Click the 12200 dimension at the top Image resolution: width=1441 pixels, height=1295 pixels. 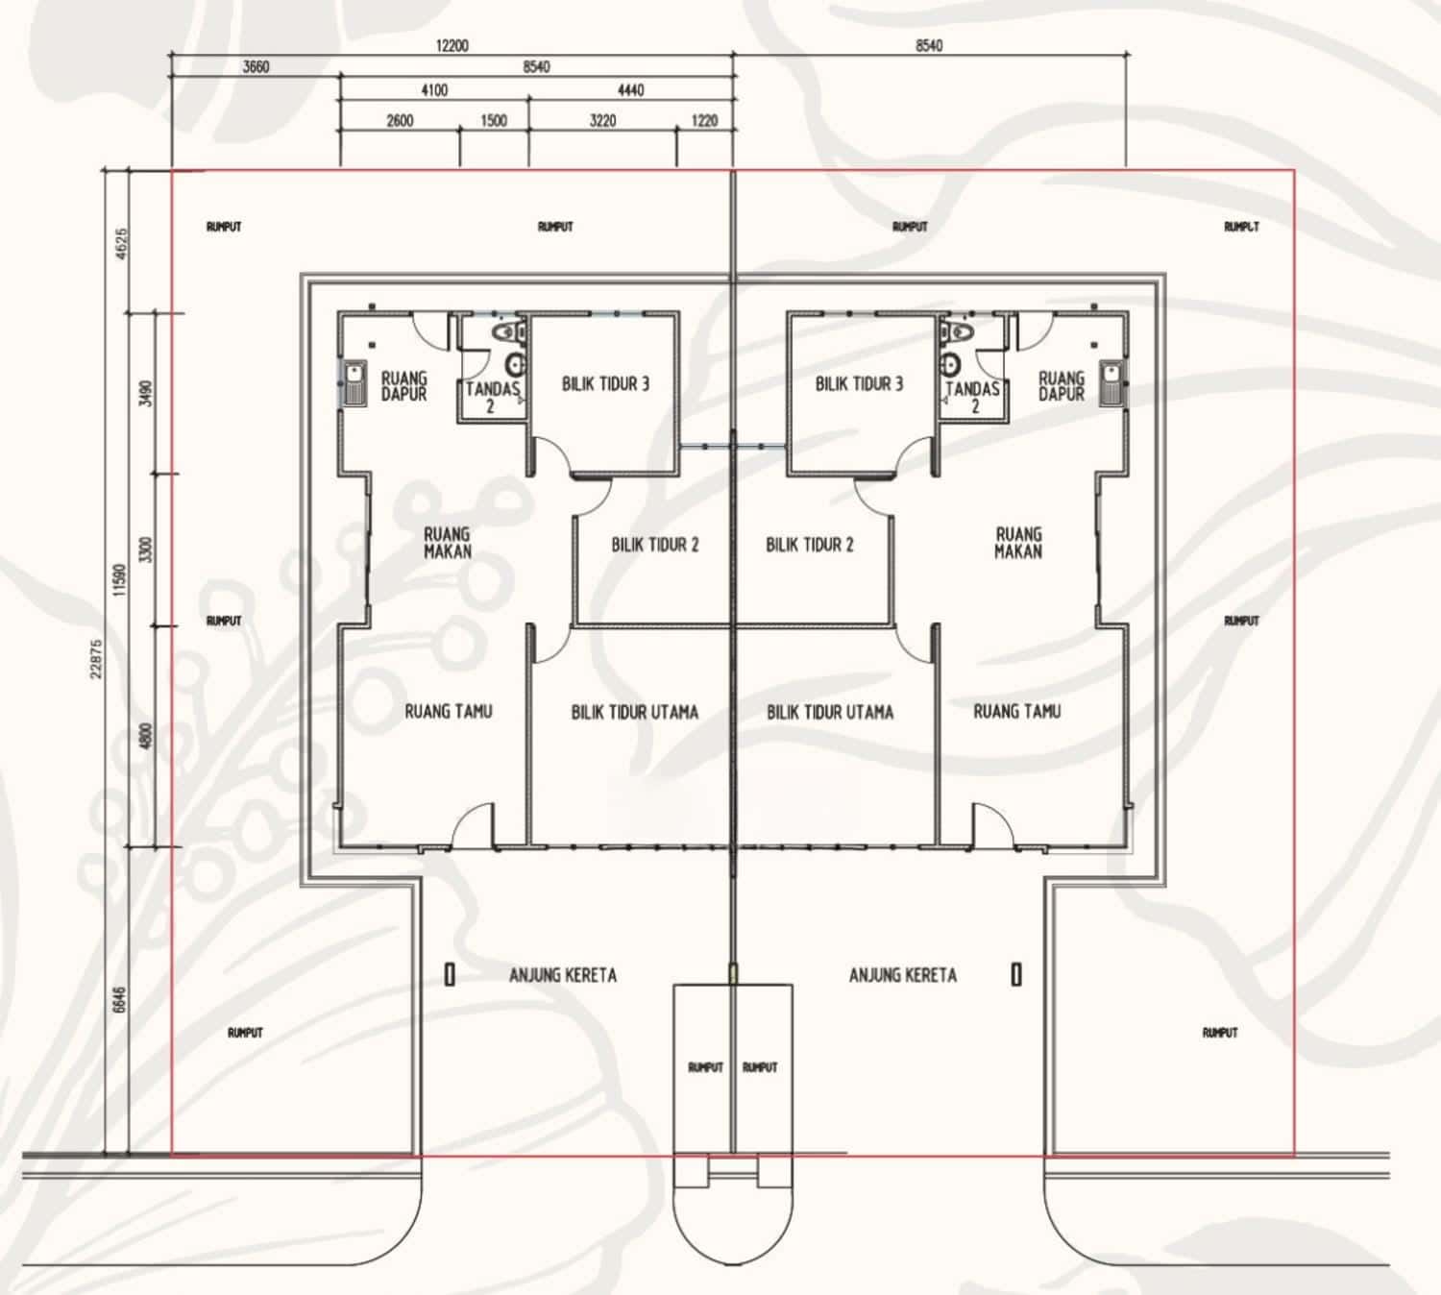pyautogui.click(x=452, y=46)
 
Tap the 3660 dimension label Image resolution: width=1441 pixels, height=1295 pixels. pyautogui.click(x=256, y=67)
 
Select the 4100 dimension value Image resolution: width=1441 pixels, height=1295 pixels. pyautogui.click(x=434, y=90)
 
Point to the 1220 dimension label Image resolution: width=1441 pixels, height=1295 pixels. pyautogui.click(x=704, y=121)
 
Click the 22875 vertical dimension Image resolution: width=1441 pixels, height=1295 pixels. pyautogui.click(x=97, y=658)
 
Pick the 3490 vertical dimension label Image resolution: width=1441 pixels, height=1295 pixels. pyautogui.click(x=147, y=393)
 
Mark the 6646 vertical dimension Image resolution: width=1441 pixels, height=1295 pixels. pyautogui.click(x=119, y=1000)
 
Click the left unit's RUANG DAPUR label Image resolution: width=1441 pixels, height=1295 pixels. pyautogui.click(x=403, y=386)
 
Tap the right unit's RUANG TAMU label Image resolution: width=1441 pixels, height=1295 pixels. pyautogui.click(x=1016, y=712)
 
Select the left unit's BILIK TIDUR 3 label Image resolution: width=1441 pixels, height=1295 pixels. pyautogui.click(x=605, y=383)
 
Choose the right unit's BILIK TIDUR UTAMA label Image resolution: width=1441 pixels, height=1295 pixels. pyautogui.click(x=830, y=712)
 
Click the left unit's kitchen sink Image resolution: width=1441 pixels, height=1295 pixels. pyautogui.click(x=354, y=383)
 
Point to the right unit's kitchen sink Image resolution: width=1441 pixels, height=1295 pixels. pyautogui.click(x=1111, y=383)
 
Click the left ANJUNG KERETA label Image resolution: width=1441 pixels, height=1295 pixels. pyautogui.click(x=562, y=975)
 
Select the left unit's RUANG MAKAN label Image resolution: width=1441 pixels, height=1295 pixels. pyautogui.click(x=447, y=543)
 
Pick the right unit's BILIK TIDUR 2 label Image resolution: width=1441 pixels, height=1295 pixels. pyautogui.click(x=810, y=545)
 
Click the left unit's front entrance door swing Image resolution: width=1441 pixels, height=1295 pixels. pyautogui.click(x=473, y=824)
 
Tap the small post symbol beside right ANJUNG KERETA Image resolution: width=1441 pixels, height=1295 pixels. pyautogui.click(x=1016, y=974)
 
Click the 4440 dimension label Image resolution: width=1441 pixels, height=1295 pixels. pyautogui.click(x=631, y=90)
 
